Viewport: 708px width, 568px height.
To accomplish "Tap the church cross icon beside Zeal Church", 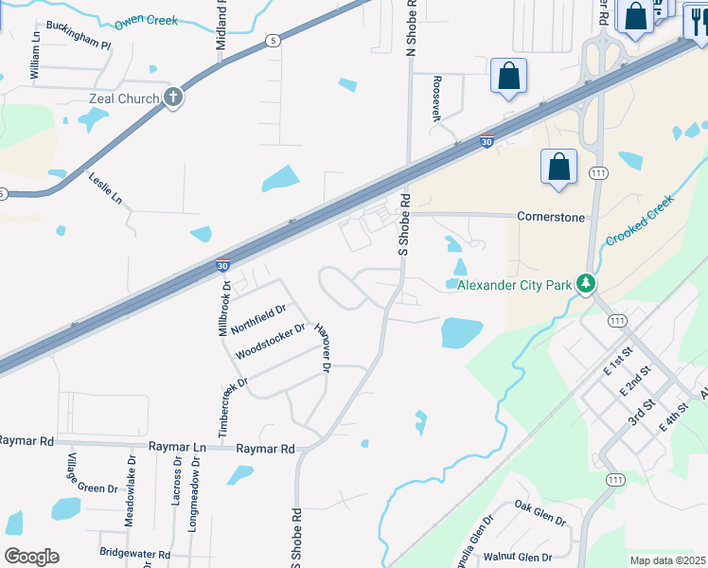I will coord(172,98).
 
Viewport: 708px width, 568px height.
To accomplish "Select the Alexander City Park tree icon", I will coord(587,284).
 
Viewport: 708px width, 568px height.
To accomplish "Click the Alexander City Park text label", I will coord(515,284).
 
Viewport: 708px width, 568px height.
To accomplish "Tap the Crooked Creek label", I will coord(639,222).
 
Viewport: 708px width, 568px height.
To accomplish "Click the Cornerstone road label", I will coord(551,216).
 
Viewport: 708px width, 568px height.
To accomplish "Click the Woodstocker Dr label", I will coord(271,342).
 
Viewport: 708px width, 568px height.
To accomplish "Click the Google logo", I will coord(31,556).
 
